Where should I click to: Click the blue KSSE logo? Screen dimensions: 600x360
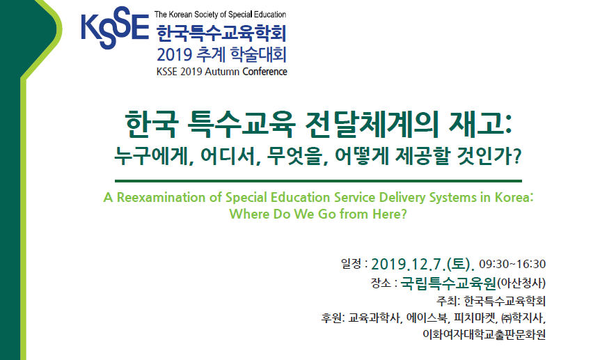(x=115, y=28)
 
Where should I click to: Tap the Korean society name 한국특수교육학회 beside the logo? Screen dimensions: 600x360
(x=221, y=34)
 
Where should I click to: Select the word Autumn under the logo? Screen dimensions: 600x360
(x=221, y=72)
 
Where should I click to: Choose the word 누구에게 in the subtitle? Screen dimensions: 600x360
(x=153, y=156)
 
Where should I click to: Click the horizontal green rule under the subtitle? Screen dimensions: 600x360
(x=318, y=181)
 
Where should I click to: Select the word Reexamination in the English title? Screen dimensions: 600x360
(x=161, y=197)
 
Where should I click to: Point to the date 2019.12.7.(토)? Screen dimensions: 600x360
(x=423, y=264)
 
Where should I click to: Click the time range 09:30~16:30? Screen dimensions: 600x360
(x=512, y=264)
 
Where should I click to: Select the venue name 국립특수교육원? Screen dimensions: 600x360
(x=448, y=283)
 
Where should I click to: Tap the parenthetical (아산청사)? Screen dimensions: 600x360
(x=521, y=283)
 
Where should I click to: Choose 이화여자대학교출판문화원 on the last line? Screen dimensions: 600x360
(x=484, y=334)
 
